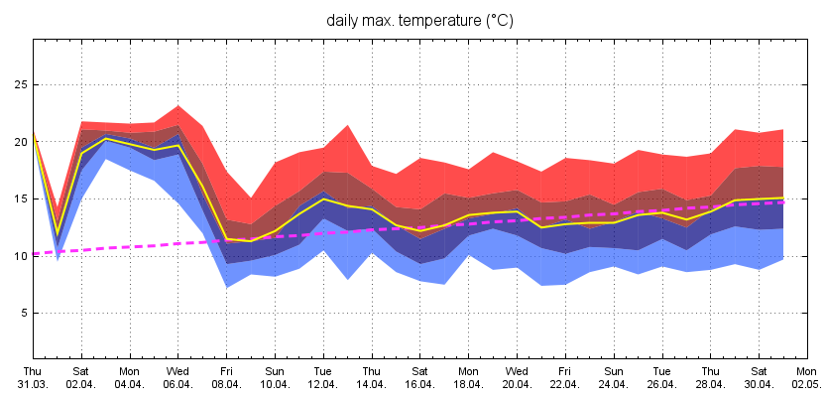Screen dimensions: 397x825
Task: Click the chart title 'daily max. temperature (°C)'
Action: click(x=420, y=20)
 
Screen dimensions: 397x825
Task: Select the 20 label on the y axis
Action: click(x=19, y=142)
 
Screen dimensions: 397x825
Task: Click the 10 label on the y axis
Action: click(x=19, y=256)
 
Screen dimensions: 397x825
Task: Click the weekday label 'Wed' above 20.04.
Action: click(x=515, y=370)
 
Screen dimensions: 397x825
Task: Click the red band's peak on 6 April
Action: click(x=177, y=105)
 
